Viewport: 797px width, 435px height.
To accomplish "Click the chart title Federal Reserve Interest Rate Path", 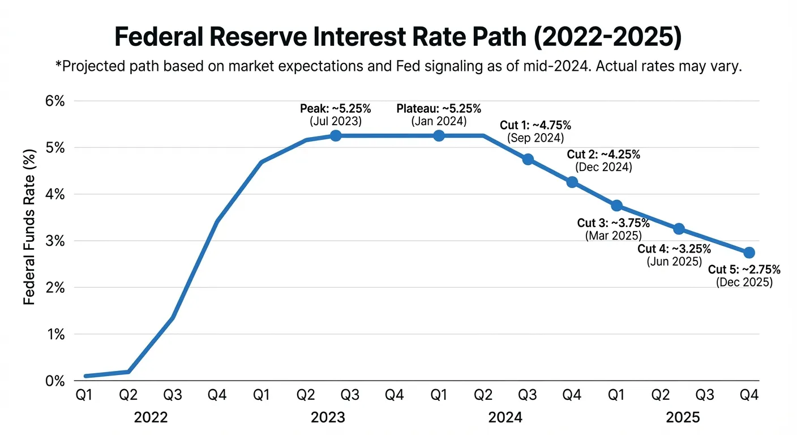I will coord(398,38).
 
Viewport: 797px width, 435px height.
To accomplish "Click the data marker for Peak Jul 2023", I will coord(336,135).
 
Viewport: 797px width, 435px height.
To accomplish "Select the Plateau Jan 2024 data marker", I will coord(439,135).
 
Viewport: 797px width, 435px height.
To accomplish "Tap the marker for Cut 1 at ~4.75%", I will coord(528,159).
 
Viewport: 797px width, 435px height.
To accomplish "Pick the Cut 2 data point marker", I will coord(572,182).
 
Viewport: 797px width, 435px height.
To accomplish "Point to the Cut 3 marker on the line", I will coord(617,205).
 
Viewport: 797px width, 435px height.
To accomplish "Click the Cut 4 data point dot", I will coord(679,229).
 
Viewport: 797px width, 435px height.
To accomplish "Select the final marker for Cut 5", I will coord(749,252).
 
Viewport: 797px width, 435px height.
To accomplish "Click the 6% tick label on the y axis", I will coord(54,101).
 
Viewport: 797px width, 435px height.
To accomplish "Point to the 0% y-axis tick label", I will coord(54,381).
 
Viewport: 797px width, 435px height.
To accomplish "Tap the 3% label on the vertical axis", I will coord(54,241).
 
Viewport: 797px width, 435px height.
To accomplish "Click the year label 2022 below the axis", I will coord(151,418).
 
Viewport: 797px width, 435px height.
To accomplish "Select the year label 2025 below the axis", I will coord(683,418).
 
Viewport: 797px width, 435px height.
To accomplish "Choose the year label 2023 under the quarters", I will coord(328,418).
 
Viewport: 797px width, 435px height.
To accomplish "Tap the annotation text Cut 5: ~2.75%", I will coord(744,270).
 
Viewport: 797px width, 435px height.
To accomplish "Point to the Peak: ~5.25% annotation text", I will coord(335,109).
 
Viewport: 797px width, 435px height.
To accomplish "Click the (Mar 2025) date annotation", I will coord(613,236).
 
